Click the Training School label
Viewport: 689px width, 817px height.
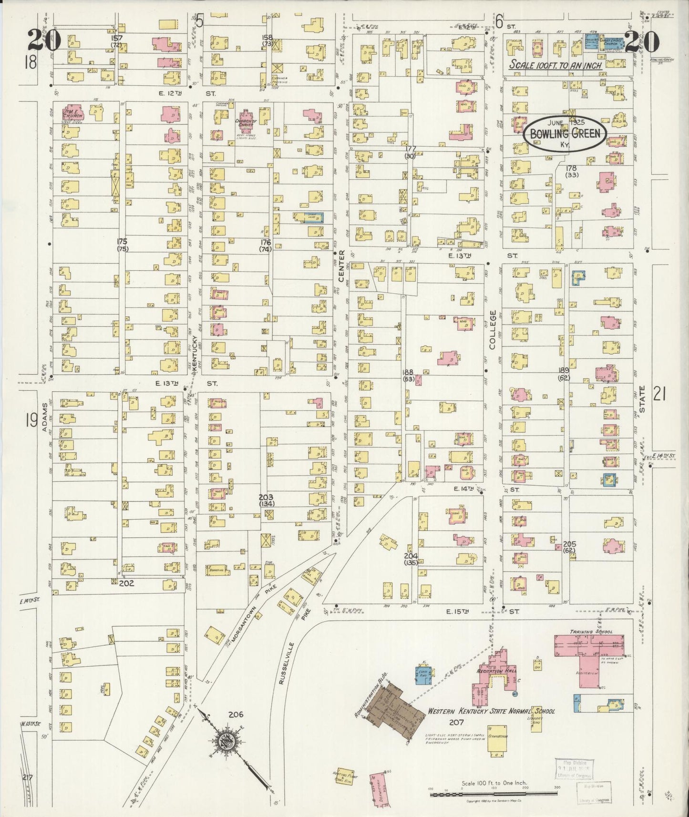pos(591,632)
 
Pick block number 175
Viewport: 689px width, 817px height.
pos(123,241)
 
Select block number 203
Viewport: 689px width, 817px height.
pos(266,497)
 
